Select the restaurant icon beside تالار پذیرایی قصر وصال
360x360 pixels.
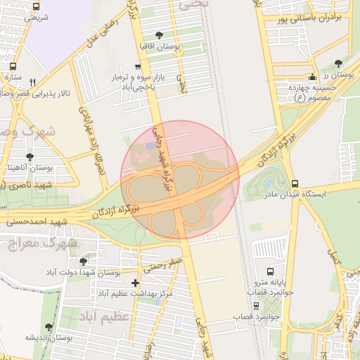[x=32, y=82]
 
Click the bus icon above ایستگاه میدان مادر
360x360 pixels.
[x=294, y=183]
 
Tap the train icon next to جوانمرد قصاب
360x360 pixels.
[x=256, y=306]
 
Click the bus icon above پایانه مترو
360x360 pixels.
[x=271, y=271]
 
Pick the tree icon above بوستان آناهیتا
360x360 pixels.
[x=29, y=157]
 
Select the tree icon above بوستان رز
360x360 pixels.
[x=339, y=63]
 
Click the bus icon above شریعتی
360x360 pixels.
[x=36, y=6]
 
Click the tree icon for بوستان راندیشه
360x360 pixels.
[x=49, y=328]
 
